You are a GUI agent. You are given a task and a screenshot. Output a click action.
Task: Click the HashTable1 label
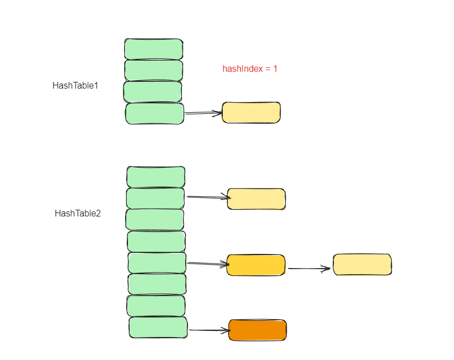(75, 86)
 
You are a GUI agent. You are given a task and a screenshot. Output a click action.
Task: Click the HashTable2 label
(77, 213)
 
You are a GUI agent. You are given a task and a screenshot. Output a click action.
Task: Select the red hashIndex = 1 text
(250, 69)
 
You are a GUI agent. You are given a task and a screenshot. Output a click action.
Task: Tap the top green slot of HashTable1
(154, 49)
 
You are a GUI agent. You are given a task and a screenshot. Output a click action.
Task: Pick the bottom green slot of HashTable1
(155, 113)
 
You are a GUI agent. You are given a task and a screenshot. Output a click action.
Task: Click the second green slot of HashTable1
(154, 70)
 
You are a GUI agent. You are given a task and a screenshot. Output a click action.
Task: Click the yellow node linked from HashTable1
(251, 113)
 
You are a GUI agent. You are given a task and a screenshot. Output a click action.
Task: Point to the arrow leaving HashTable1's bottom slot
(203, 113)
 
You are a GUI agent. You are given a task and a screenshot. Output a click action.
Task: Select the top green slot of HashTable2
(156, 177)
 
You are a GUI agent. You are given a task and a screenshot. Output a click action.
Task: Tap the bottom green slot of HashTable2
(158, 327)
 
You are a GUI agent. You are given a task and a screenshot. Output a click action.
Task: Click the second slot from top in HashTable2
(155, 199)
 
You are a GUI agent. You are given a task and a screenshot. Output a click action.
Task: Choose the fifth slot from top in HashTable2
(157, 262)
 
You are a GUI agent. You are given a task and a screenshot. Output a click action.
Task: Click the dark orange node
(258, 330)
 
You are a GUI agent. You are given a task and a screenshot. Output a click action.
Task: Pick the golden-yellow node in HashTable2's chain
(256, 265)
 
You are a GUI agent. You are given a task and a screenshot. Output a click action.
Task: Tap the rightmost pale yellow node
(362, 265)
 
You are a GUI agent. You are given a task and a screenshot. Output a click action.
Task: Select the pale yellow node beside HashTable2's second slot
(256, 199)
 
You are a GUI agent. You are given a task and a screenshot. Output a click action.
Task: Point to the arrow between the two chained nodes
(309, 269)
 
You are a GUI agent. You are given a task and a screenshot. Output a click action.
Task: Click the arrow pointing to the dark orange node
(209, 330)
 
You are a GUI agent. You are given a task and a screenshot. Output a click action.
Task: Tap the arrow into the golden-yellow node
(207, 263)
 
